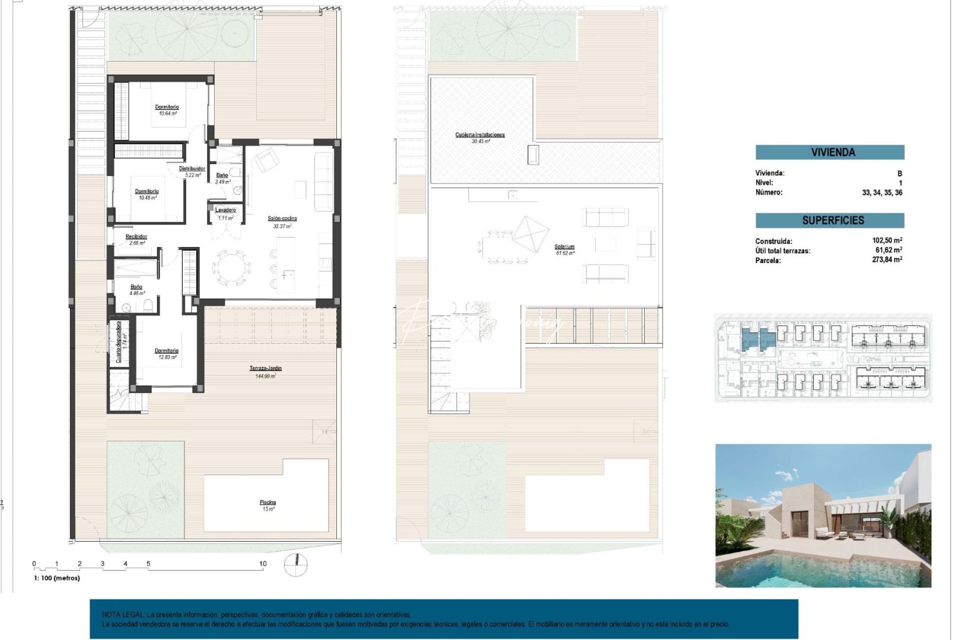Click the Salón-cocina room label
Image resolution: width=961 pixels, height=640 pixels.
click(282, 219)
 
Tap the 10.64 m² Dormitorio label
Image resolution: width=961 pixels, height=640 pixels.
click(167, 108)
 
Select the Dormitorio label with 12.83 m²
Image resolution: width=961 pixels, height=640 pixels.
click(167, 351)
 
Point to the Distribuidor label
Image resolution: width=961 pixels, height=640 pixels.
click(192, 169)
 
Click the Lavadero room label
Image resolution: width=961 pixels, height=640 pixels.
click(225, 210)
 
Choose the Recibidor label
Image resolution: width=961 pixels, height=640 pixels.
click(136, 237)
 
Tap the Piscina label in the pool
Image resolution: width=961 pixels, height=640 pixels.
click(268, 503)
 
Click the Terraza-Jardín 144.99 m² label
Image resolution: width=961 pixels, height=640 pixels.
click(265, 369)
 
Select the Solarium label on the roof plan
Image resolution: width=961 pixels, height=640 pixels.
click(565, 247)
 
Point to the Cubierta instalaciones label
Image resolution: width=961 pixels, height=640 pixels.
click(480, 135)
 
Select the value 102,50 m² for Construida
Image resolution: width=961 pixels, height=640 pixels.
click(887, 241)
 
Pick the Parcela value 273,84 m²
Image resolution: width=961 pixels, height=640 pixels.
click(887, 260)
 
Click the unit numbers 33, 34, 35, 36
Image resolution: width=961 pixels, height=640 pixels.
click(882, 193)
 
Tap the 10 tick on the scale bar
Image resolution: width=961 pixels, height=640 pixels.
click(263, 564)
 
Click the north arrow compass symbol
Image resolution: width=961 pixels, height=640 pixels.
click(295, 565)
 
